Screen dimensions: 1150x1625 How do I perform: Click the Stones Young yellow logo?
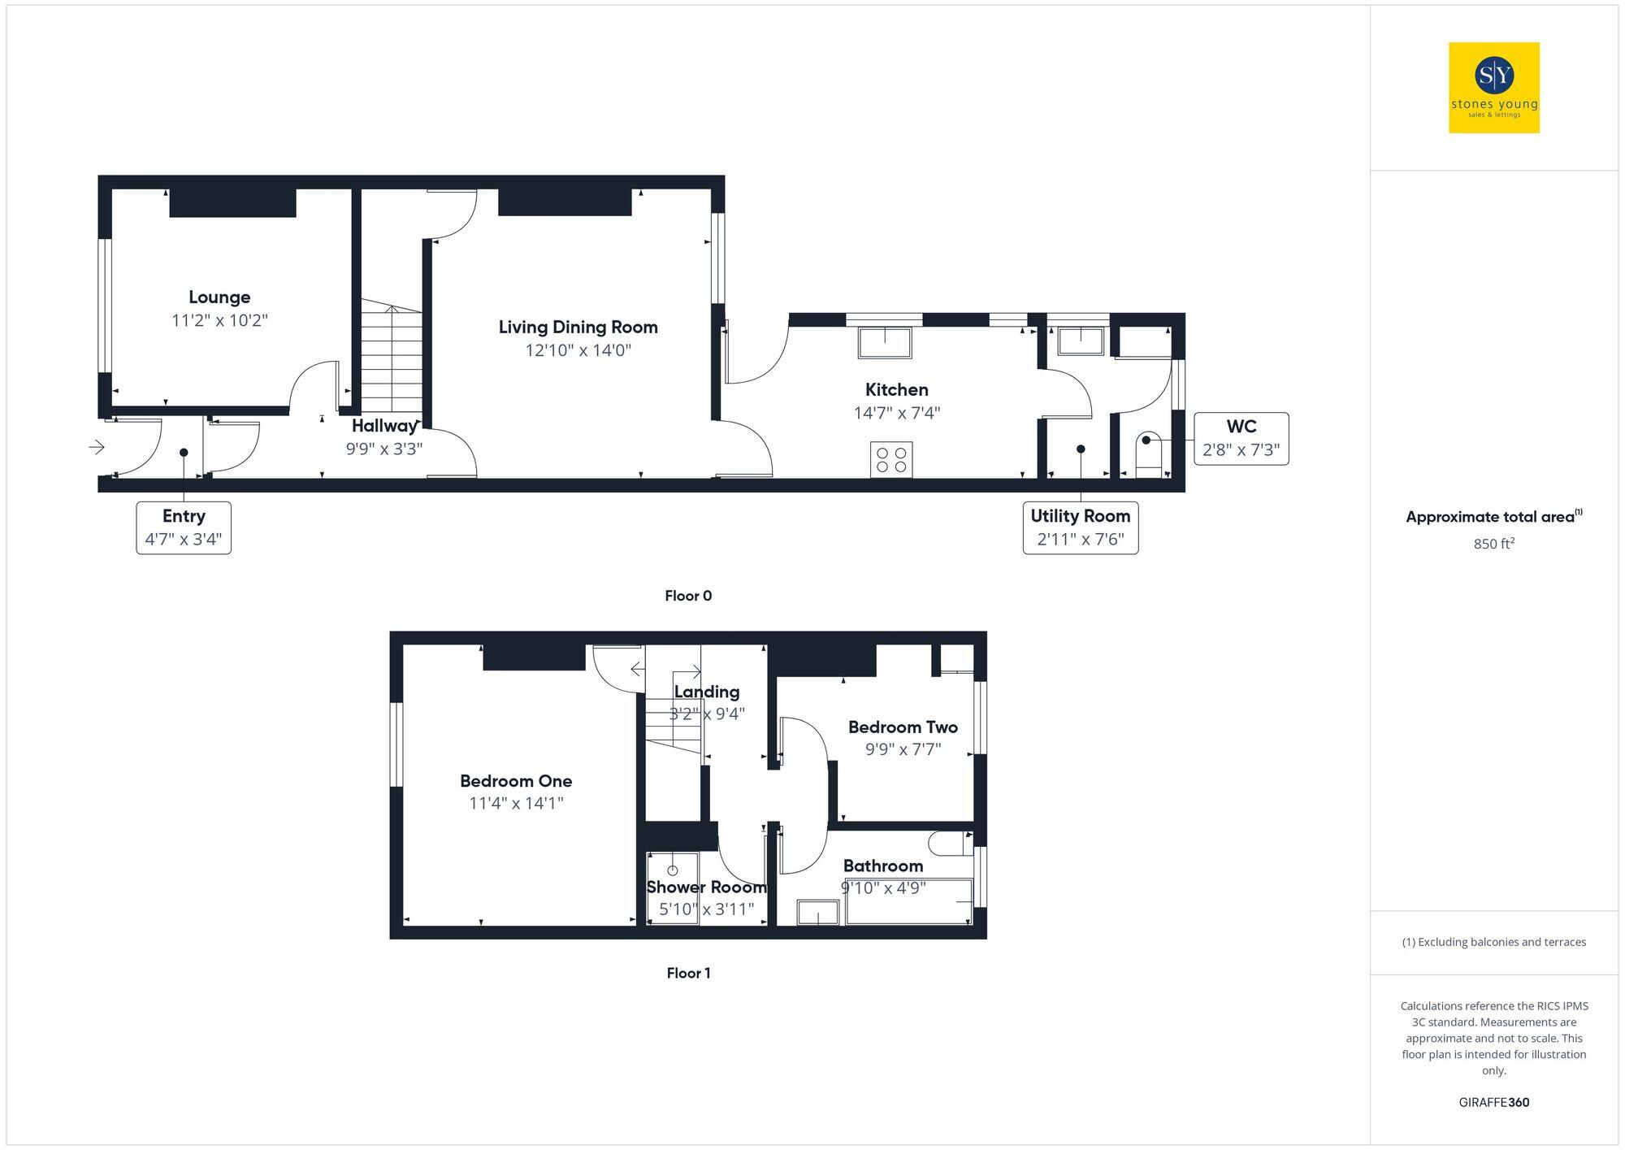click(x=1493, y=88)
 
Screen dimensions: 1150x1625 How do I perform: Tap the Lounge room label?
click(x=219, y=297)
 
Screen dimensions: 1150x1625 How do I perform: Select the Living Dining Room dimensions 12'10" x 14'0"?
click(x=578, y=350)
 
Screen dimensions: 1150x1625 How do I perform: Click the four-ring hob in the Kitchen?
click(x=891, y=459)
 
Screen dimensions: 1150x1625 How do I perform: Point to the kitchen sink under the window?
click(x=885, y=342)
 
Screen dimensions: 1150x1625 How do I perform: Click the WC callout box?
click(x=1241, y=439)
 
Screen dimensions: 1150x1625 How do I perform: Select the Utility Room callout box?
click(x=1080, y=527)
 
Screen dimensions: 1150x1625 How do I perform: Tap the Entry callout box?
click(x=184, y=527)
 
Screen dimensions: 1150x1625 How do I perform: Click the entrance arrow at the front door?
click(x=97, y=447)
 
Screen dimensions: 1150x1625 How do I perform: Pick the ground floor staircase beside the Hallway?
click(x=392, y=358)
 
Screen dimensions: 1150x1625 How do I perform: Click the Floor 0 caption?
click(x=688, y=596)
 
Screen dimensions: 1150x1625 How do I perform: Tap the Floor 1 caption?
click(x=688, y=973)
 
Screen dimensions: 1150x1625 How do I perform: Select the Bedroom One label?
click(x=516, y=781)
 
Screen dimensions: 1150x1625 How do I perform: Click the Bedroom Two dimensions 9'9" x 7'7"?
click(x=903, y=749)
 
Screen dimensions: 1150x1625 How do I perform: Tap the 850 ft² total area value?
click(x=1493, y=544)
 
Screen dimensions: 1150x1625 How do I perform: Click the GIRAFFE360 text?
click(x=1493, y=1102)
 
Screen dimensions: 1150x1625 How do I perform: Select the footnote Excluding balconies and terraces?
click(x=1493, y=942)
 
